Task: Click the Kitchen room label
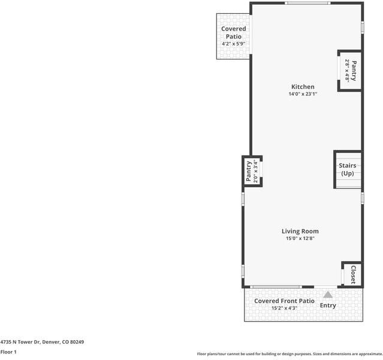click(x=302, y=87)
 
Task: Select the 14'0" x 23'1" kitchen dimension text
click(x=302, y=94)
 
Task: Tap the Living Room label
click(x=300, y=231)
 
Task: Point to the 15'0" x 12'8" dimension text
click(x=300, y=239)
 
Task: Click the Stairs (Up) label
click(x=348, y=169)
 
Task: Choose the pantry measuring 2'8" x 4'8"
click(x=351, y=70)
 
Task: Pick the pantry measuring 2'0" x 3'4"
click(x=251, y=171)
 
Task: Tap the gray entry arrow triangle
click(x=328, y=295)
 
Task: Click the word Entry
click(x=328, y=305)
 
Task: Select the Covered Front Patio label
click(x=284, y=301)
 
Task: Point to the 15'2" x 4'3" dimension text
click(x=284, y=308)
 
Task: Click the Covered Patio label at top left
click(x=234, y=32)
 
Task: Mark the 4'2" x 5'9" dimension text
click(x=234, y=44)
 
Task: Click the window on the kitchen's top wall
click(x=307, y=4)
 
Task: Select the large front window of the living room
click(x=276, y=287)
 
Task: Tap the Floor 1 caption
click(x=8, y=352)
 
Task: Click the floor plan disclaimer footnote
click(x=289, y=354)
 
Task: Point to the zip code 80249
click(x=76, y=342)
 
